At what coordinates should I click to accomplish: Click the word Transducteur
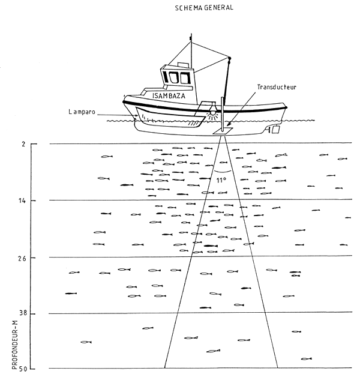tap(277, 87)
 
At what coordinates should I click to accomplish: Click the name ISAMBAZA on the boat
tap(170, 95)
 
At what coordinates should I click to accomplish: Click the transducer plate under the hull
tap(221, 131)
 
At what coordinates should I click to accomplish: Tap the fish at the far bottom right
tap(306, 358)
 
